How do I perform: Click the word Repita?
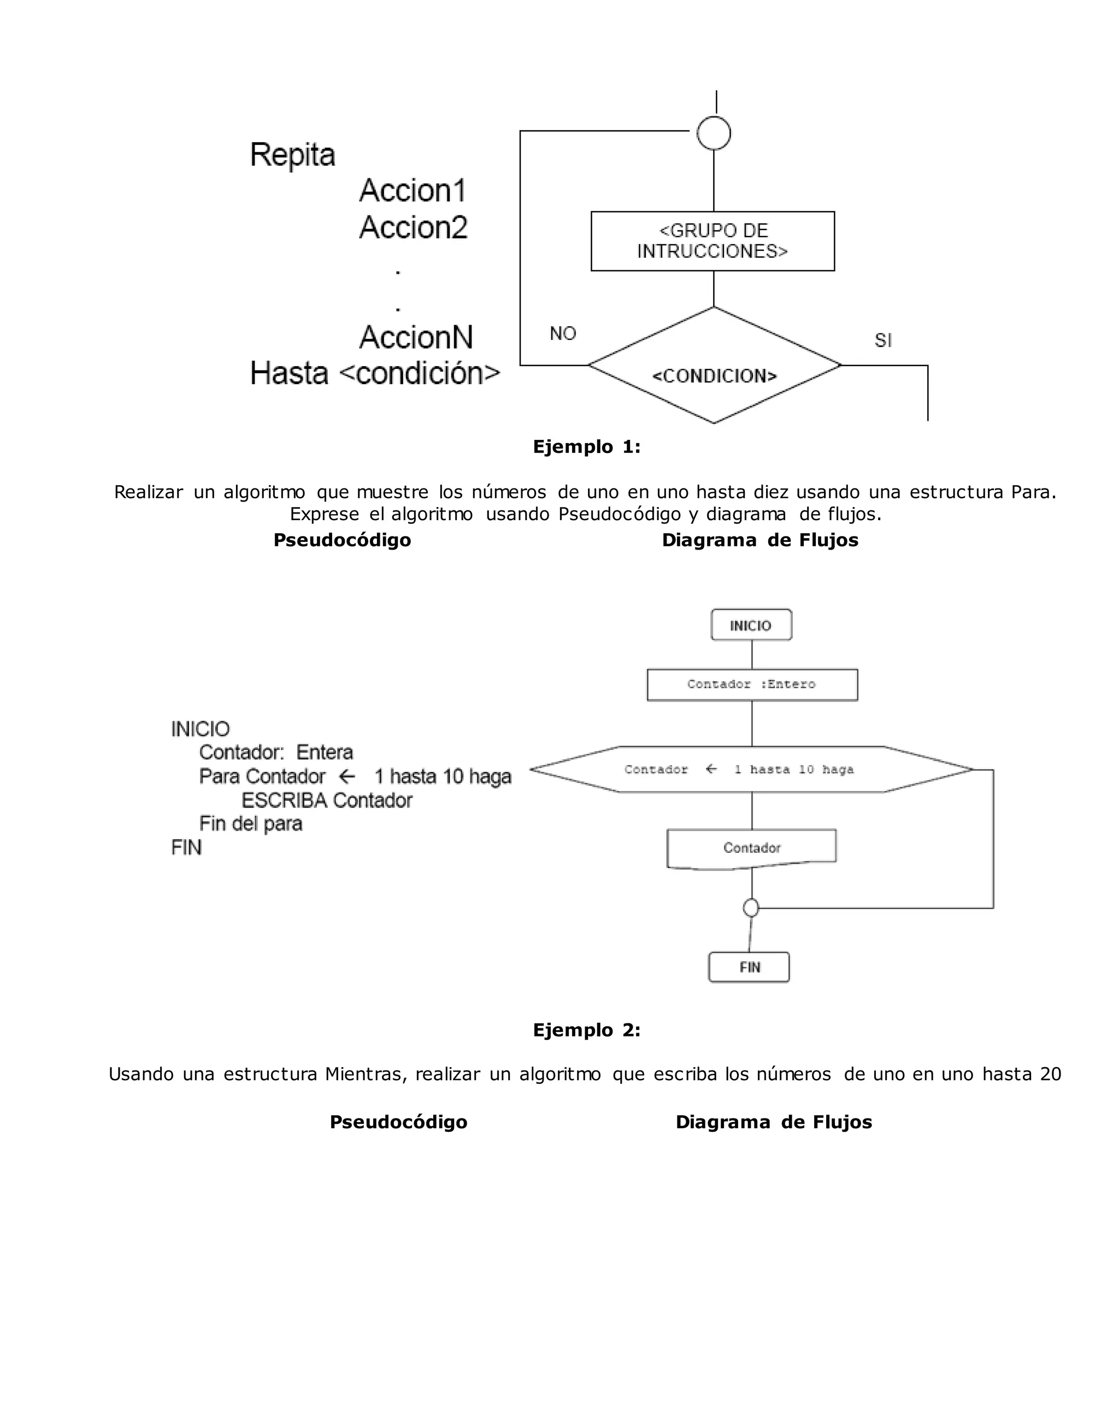coord(293,156)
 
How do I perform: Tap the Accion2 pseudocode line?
coord(414,227)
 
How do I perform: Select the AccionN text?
coord(416,337)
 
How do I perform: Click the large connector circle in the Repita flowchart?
coord(714,134)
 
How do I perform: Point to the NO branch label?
coord(562,333)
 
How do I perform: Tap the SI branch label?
coord(882,340)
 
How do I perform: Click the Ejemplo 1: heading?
coord(586,447)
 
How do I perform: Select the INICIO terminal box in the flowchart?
coord(751,625)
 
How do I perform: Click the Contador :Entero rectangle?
coord(751,685)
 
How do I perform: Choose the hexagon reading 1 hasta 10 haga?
coord(751,770)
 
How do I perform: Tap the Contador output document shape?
coord(751,848)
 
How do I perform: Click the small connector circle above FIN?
coord(751,908)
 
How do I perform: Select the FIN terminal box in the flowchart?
coord(749,968)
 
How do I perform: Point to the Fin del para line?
coord(251,824)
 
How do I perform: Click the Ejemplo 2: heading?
coord(586,1030)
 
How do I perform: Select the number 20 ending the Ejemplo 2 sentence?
coord(1050,1075)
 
